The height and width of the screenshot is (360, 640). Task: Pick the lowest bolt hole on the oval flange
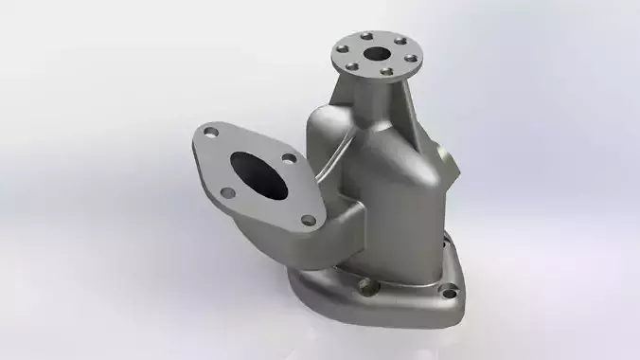307,220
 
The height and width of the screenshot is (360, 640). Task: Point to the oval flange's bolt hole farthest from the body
226,193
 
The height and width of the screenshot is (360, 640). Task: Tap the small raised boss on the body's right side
439,152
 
